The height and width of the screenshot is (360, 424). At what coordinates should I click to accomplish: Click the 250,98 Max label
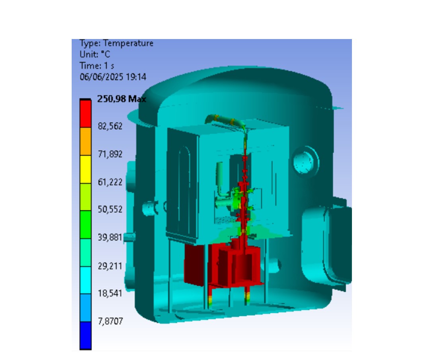point(121,99)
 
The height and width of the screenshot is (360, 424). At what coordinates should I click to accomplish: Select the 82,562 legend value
point(110,126)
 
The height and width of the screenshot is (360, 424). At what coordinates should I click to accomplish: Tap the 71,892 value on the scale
point(110,154)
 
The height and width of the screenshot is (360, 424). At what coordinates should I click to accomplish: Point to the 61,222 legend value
point(110,182)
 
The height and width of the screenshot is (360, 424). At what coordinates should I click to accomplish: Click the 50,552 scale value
point(110,209)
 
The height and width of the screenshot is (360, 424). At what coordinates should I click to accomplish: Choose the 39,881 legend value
point(110,237)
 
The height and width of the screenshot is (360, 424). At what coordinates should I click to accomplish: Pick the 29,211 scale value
point(110,266)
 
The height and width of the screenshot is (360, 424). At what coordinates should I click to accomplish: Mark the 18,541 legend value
point(110,293)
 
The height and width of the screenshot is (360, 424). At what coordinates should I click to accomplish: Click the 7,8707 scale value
point(110,321)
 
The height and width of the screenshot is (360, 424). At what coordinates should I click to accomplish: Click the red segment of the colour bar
point(86,113)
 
